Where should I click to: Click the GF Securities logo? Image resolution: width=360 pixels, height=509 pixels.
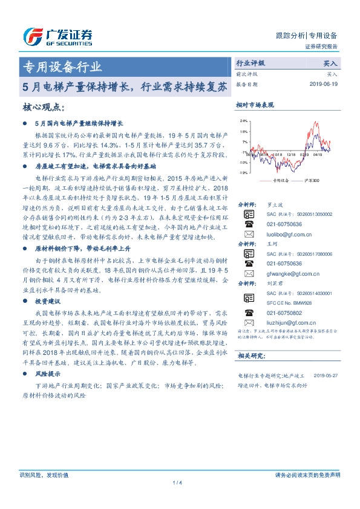[57, 37]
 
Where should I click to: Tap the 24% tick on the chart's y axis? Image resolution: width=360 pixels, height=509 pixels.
[243, 121]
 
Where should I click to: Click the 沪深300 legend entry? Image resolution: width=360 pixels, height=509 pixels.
[311, 180]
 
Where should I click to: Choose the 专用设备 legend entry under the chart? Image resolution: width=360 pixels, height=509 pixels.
[279, 180]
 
